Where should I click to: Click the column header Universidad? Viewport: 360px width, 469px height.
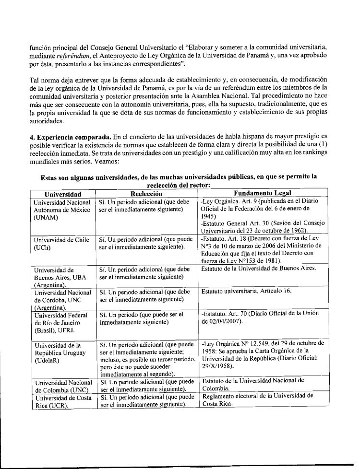62,194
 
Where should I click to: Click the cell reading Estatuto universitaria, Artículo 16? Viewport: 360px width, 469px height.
246,291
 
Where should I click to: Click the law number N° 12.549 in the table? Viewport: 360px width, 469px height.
239,343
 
